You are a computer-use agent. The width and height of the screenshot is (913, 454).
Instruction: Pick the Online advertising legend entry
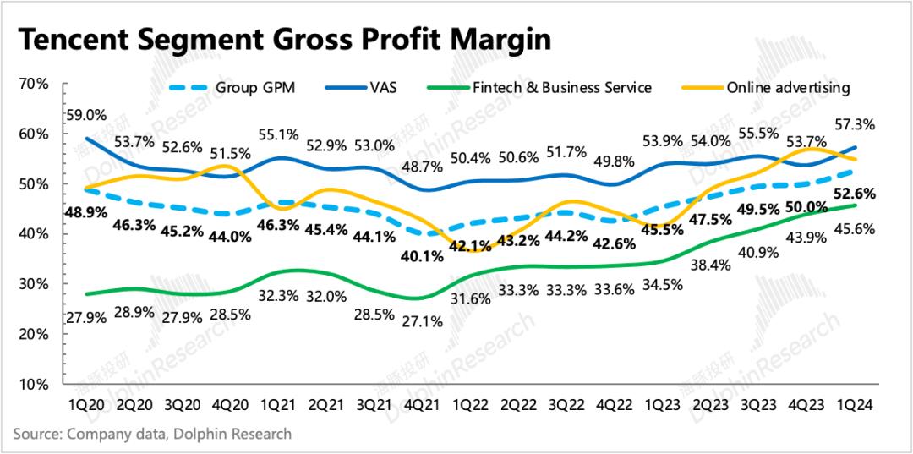pos(789,87)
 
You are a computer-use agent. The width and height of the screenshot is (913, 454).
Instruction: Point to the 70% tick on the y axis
pos(36,84)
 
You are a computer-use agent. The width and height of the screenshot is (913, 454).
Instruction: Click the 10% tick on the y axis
pos(36,384)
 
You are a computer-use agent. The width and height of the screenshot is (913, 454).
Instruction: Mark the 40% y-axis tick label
pos(36,234)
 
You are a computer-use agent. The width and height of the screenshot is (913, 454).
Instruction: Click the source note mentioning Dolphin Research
pos(152,434)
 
